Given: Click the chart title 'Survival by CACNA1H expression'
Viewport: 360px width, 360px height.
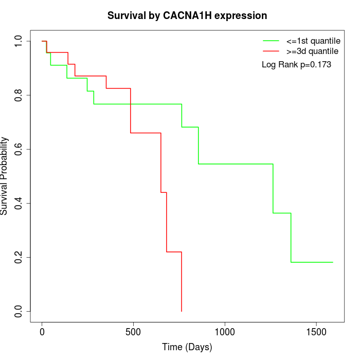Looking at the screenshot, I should click(x=187, y=15).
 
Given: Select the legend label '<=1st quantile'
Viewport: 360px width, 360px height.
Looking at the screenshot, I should click(x=313, y=41).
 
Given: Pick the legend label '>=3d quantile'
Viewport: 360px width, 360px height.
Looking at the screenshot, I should click(x=312, y=51).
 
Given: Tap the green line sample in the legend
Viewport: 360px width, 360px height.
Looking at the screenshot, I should click(x=271, y=41).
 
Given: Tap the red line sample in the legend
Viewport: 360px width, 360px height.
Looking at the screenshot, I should click(x=271, y=51).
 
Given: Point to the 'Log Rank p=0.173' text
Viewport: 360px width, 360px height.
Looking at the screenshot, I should click(x=296, y=65).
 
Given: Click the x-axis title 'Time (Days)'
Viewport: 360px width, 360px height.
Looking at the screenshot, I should click(x=187, y=347).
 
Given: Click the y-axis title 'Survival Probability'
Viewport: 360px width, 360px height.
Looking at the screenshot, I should click(x=5, y=176).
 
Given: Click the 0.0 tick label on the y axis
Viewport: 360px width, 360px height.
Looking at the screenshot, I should click(x=19, y=311).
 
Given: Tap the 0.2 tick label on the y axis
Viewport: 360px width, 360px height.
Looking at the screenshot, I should click(x=19, y=257).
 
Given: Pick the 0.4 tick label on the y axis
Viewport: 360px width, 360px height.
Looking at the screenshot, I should click(x=19, y=203).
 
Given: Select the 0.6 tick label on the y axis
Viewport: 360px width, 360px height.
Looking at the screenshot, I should click(x=19, y=149).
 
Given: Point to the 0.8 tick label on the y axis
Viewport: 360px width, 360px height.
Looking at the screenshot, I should click(x=19, y=95).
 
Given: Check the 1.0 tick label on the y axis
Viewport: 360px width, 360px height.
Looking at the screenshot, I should click(x=19, y=41).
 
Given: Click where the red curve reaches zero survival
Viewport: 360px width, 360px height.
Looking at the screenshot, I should click(x=182, y=311).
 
